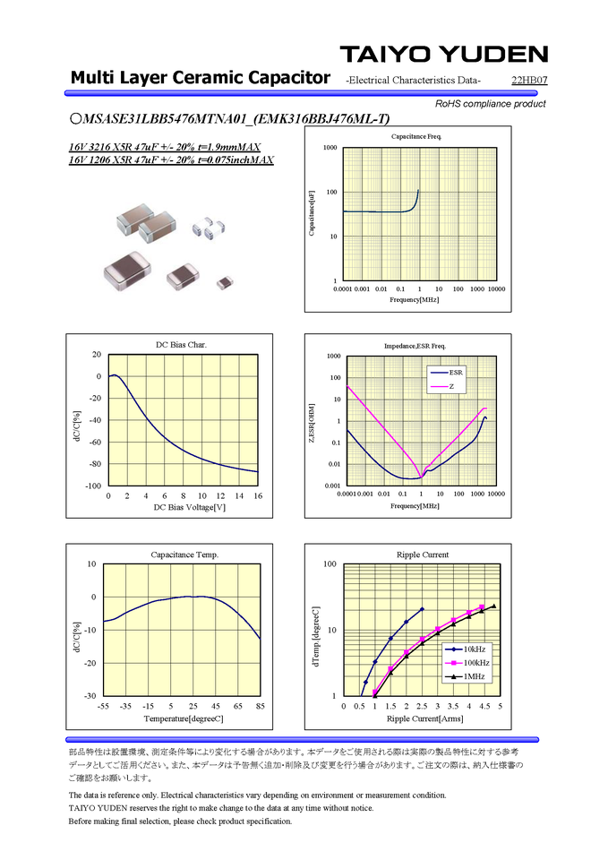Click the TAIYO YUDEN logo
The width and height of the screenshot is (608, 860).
(x=443, y=54)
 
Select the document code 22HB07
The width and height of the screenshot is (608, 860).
(x=529, y=82)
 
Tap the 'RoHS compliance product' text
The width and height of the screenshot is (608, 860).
(x=490, y=104)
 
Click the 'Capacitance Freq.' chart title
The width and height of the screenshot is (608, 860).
(x=416, y=136)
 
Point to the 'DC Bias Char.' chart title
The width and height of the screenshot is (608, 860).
(x=182, y=345)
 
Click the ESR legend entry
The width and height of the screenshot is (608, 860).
(x=456, y=371)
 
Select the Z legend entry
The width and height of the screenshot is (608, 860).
(x=451, y=386)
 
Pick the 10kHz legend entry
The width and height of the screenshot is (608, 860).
(x=474, y=648)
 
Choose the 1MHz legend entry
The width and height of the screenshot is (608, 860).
(x=474, y=676)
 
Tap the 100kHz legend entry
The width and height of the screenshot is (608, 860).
(x=475, y=662)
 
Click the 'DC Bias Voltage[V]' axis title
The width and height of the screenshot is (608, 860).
(x=183, y=508)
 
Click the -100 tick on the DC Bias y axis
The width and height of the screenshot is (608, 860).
(x=92, y=486)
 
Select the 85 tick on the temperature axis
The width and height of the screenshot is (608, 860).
(x=260, y=706)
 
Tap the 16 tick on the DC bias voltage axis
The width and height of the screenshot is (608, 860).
(x=258, y=495)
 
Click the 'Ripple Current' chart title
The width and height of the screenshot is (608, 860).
(x=422, y=555)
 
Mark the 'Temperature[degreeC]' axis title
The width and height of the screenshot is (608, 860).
(x=183, y=719)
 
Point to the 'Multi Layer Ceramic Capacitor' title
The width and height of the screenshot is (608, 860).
(x=200, y=78)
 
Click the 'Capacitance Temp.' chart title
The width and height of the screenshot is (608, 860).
(x=184, y=555)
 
